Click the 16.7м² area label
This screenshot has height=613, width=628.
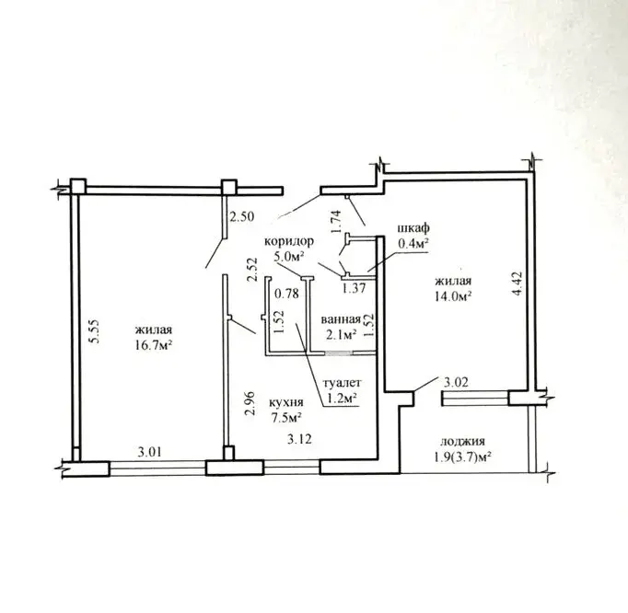point(154,345)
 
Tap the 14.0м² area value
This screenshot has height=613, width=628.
point(452,296)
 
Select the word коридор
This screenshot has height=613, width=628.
point(289,241)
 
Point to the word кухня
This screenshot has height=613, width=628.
point(286,402)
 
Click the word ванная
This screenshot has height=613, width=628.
point(341,319)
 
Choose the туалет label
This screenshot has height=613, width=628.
point(342,383)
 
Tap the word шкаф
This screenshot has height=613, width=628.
point(413,228)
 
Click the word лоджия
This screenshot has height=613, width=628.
point(462,442)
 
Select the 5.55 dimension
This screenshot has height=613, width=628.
point(95,332)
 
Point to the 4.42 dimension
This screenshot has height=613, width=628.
point(517,283)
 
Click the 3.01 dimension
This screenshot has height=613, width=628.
point(149,453)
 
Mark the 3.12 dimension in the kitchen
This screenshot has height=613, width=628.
point(299,439)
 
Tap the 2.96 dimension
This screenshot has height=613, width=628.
point(250,403)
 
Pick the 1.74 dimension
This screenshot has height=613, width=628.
point(335,222)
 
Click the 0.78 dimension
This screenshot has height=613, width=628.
point(286,294)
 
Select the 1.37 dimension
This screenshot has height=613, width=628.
point(354,287)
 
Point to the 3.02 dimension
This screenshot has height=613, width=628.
point(456,382)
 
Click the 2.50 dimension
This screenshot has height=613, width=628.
point(241,216)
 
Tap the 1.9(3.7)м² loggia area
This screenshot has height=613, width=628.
point(462,457)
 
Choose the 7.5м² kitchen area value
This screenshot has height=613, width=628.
point(286,418)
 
